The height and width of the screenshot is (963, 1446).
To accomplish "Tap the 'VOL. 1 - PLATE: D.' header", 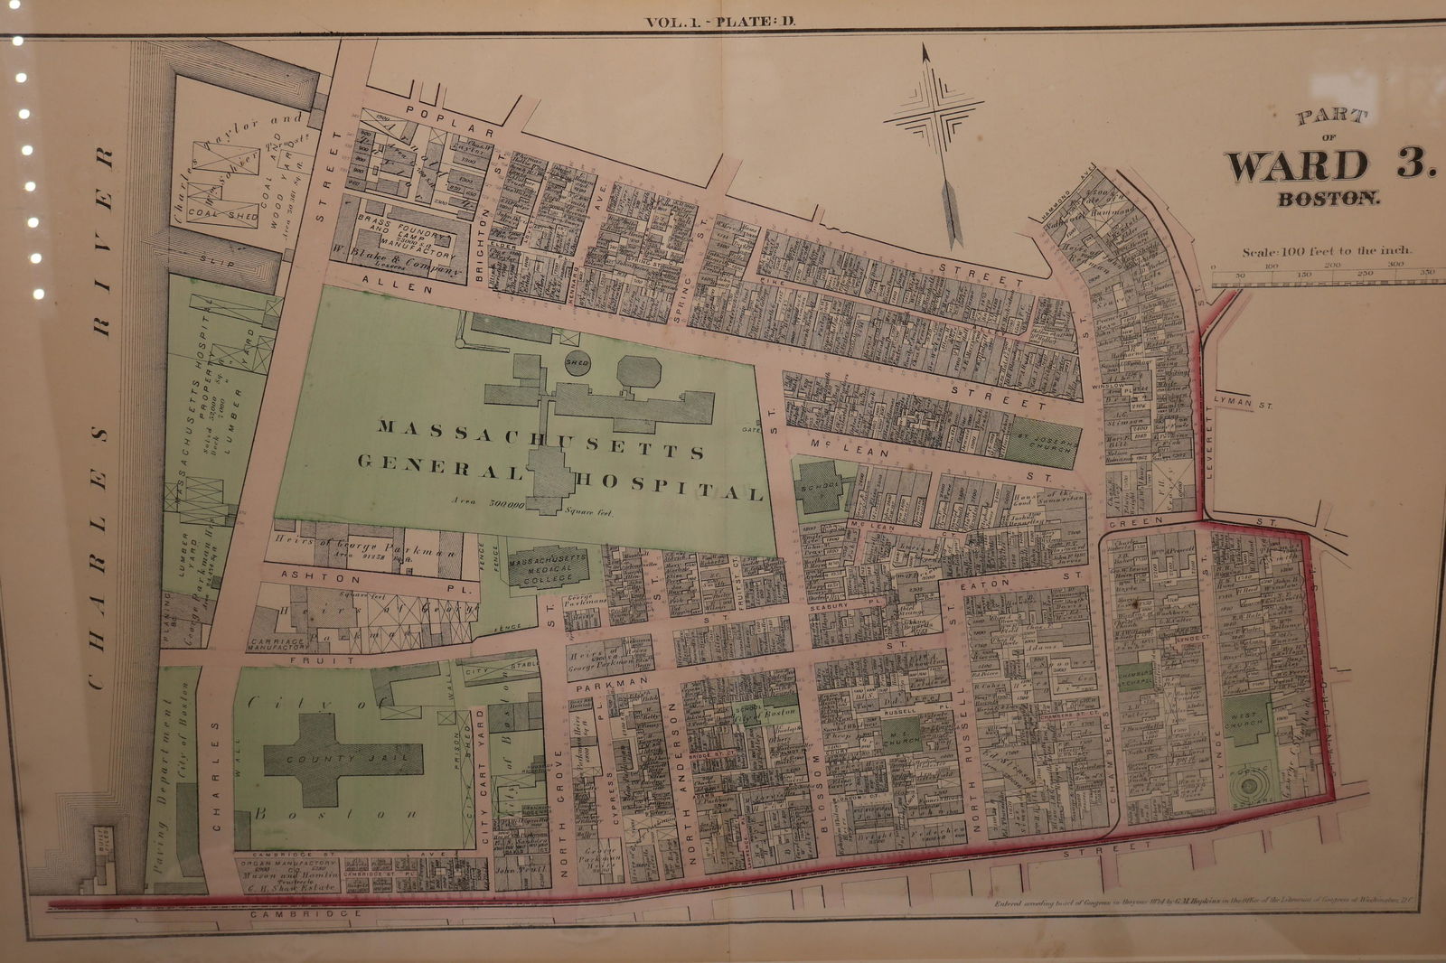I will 720,23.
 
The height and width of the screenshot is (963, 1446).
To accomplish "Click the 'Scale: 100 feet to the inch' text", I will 1326,251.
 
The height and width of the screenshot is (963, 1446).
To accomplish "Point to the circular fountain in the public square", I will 1251,786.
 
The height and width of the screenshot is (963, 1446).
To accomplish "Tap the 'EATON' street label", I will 991,584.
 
